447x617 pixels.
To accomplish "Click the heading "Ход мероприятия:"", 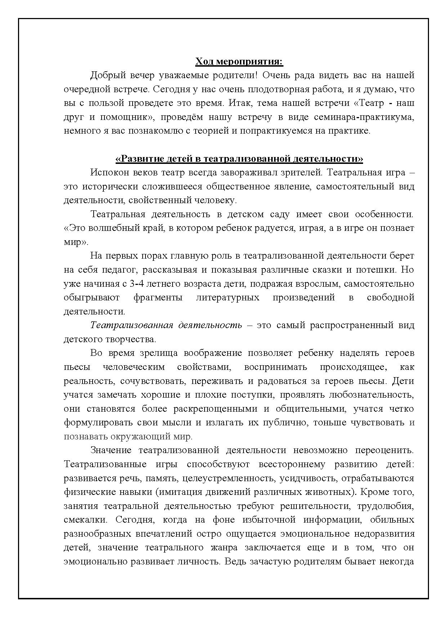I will click(239, 62).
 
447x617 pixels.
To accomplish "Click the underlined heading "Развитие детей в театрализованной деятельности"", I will click(239, 159).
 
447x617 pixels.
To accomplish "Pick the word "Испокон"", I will click(109, 173).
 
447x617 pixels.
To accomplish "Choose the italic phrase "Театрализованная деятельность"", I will click(166, 325).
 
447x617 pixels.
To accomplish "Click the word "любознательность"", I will click(371, 395).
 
